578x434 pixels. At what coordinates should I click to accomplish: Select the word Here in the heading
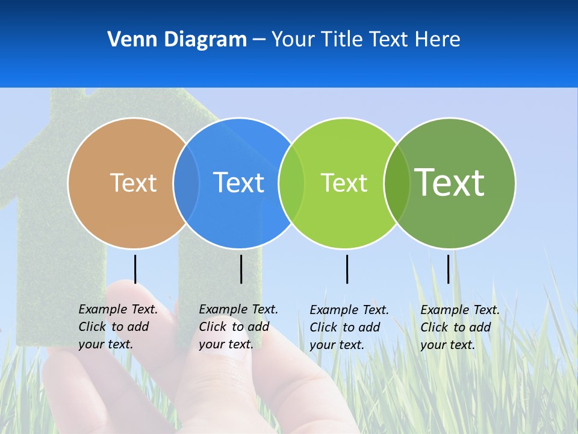coord(437,40)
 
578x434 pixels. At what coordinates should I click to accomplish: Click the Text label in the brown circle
coord(133,183)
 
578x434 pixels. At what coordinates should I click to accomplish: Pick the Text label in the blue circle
coord(238,183)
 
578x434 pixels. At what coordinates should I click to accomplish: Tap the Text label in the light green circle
coord(344,183)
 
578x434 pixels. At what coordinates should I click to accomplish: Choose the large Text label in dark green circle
coord(450,182)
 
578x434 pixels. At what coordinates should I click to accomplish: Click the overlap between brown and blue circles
coord(186,183)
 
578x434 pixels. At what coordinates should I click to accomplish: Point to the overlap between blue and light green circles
coord(291,183)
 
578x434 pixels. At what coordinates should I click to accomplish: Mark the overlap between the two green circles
coord(397,183)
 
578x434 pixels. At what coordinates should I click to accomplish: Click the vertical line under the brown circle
coord(135,269)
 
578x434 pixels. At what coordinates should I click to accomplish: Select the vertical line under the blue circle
coord(241,269)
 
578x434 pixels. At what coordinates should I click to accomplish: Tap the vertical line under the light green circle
coord(347,269)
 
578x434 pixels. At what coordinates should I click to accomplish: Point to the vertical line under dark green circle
coord(448,269)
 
